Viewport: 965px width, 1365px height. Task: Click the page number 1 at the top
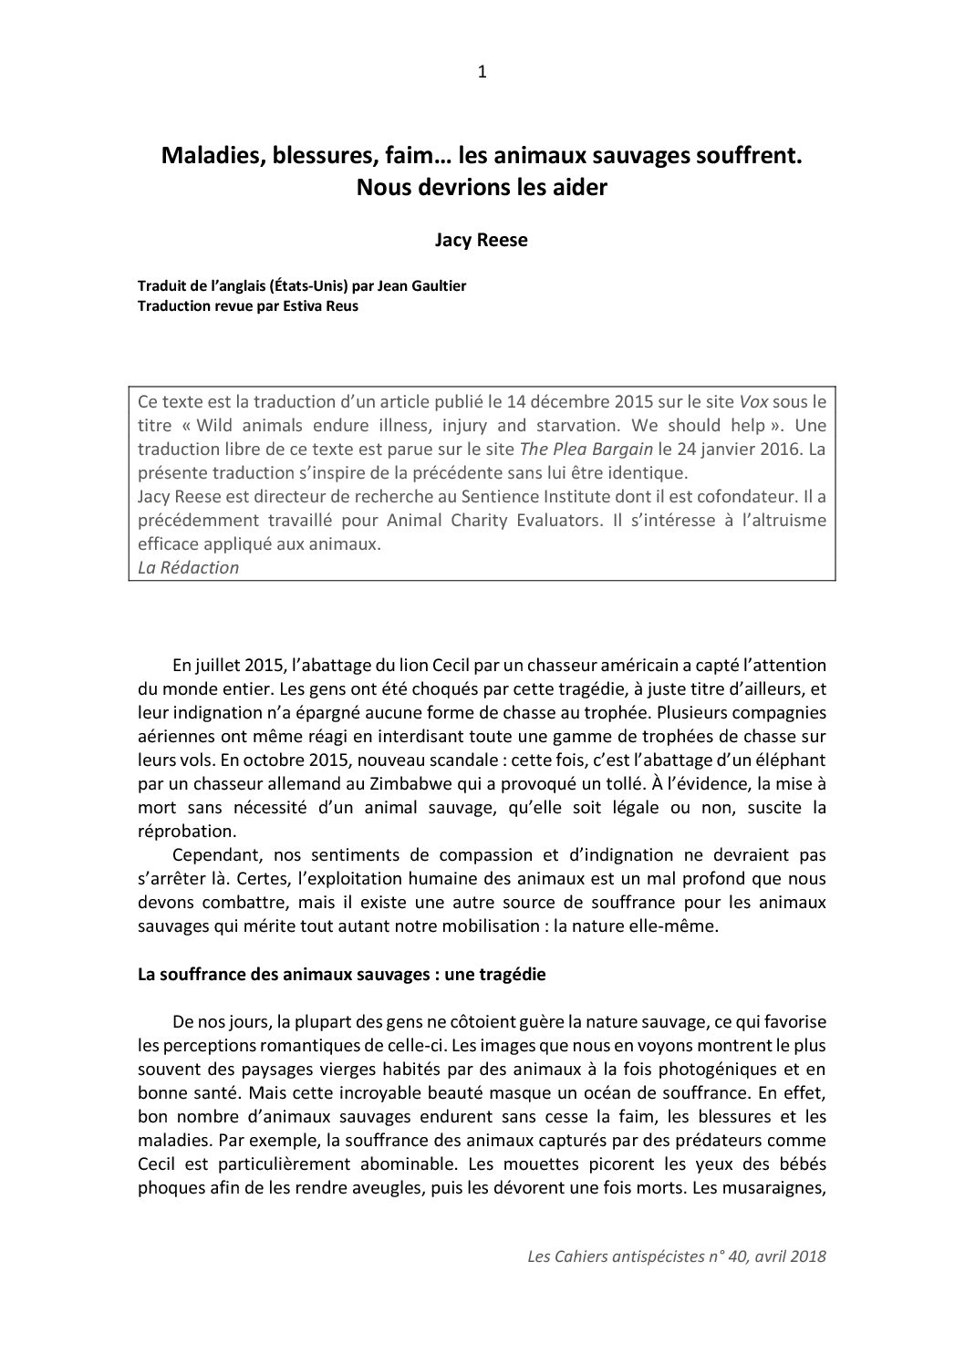[x=482, y=73]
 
